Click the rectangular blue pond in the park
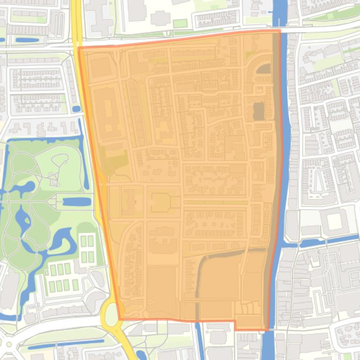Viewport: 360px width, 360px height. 77,202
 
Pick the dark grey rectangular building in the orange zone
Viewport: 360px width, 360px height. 258,111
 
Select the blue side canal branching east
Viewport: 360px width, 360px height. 323,242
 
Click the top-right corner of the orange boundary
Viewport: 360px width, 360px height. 280,31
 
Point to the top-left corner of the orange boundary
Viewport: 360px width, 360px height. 79,47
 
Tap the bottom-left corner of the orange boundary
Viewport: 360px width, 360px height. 120,319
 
